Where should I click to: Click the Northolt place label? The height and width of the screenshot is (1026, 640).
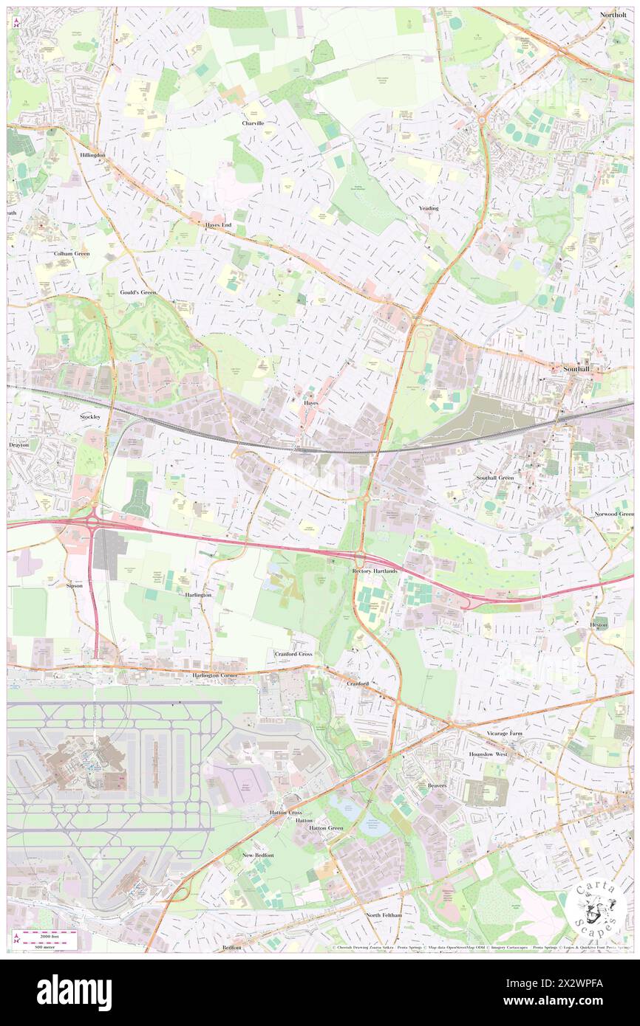coord(613,15)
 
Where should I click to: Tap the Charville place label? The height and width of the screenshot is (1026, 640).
coord(253,123)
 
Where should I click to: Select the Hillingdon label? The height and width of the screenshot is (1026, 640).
coord(93,155)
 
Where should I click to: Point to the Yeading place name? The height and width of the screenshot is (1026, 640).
coord(429,208)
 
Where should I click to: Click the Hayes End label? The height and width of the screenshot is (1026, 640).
coord(219,224)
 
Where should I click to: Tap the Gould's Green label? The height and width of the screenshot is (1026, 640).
coord(138,292)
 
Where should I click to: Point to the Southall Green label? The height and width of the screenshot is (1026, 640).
coord(494,478)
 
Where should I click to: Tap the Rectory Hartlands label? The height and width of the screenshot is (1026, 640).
coord(375,571)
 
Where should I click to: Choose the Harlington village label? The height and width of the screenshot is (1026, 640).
coord(198,594)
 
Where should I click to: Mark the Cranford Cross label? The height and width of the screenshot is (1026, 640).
coord(293,654)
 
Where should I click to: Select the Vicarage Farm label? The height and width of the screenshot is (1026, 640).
coord(505,734)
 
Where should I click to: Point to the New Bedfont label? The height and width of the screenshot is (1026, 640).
coord(258,855)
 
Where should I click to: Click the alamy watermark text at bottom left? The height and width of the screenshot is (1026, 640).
coord(74,993)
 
